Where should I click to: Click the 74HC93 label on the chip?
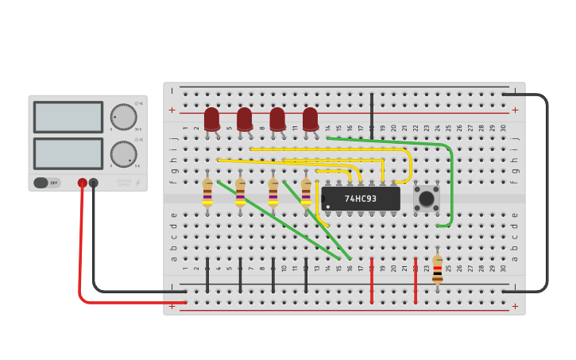361,199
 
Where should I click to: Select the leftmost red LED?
211,119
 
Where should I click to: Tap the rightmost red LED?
310,119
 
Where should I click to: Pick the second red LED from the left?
244,119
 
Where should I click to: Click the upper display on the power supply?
68,117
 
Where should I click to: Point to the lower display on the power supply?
68,153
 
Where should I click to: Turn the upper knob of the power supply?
123,117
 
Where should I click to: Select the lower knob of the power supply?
123,154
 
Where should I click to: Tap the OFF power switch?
47,183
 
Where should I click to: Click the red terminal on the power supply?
83,183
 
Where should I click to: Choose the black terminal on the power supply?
94,183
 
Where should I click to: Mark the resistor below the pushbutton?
438,269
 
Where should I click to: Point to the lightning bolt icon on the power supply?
137,183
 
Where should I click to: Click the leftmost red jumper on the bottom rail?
371,280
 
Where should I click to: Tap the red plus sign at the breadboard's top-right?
515,110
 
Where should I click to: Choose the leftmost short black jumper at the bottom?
207,274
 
